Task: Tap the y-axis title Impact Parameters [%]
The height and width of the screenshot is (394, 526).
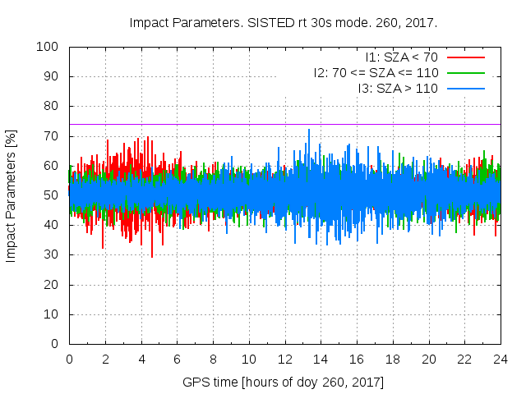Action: pos(12,195)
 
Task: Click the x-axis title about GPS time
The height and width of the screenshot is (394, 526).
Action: pos(284,383)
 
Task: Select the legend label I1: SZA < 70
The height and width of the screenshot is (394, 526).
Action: pos(402,57)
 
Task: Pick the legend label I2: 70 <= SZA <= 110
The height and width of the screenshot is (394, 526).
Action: pos(376,72)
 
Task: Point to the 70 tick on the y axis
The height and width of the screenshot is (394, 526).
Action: pos(51,136)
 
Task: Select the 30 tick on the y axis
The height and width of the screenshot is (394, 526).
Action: pos(51,254)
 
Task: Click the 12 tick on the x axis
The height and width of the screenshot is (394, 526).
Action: pos(284,359)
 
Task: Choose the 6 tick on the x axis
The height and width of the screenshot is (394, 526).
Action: pos(177,359)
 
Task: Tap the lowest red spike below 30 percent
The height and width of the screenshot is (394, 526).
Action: pos(152,255)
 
